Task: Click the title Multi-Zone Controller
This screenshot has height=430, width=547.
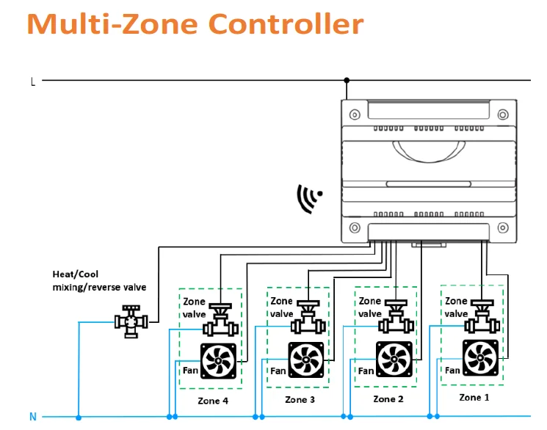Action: coord(195,23)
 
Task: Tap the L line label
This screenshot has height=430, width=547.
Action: coord(32,81)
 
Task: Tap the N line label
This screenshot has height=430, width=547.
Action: coord(32,417)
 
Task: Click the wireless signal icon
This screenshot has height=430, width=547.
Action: coord(309,197)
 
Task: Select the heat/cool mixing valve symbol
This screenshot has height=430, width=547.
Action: coord(131,321)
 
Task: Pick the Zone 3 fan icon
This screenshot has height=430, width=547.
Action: coord(305,360)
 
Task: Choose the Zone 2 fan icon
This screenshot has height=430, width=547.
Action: coord(394,359)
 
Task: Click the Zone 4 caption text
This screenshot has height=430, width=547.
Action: coord(213,401)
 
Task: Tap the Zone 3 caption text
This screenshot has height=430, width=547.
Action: coord(300,399)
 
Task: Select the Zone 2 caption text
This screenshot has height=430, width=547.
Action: coord(388,399)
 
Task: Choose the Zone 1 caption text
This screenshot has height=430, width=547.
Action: coord(474,397)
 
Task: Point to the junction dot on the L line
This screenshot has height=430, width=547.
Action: coord(347,80)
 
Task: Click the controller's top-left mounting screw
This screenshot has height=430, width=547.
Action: coord(355,114)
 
